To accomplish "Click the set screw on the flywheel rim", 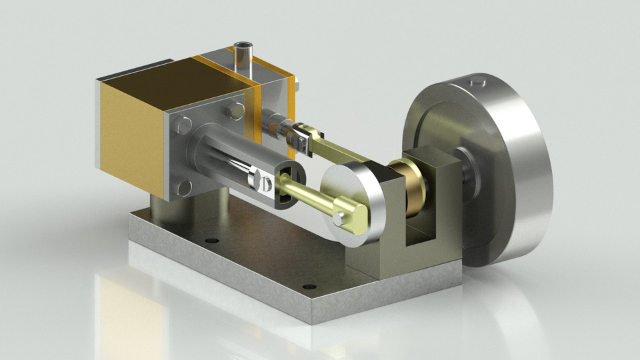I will (x=476, y=83).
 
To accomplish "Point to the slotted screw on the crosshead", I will (x=265, y=181).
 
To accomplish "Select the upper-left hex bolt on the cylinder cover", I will (x=185, y=123).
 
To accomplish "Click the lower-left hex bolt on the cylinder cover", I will (x=185, y=187).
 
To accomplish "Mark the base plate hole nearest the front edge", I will (x=307, y=287).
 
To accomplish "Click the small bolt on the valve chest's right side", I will (x=297, y=85).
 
